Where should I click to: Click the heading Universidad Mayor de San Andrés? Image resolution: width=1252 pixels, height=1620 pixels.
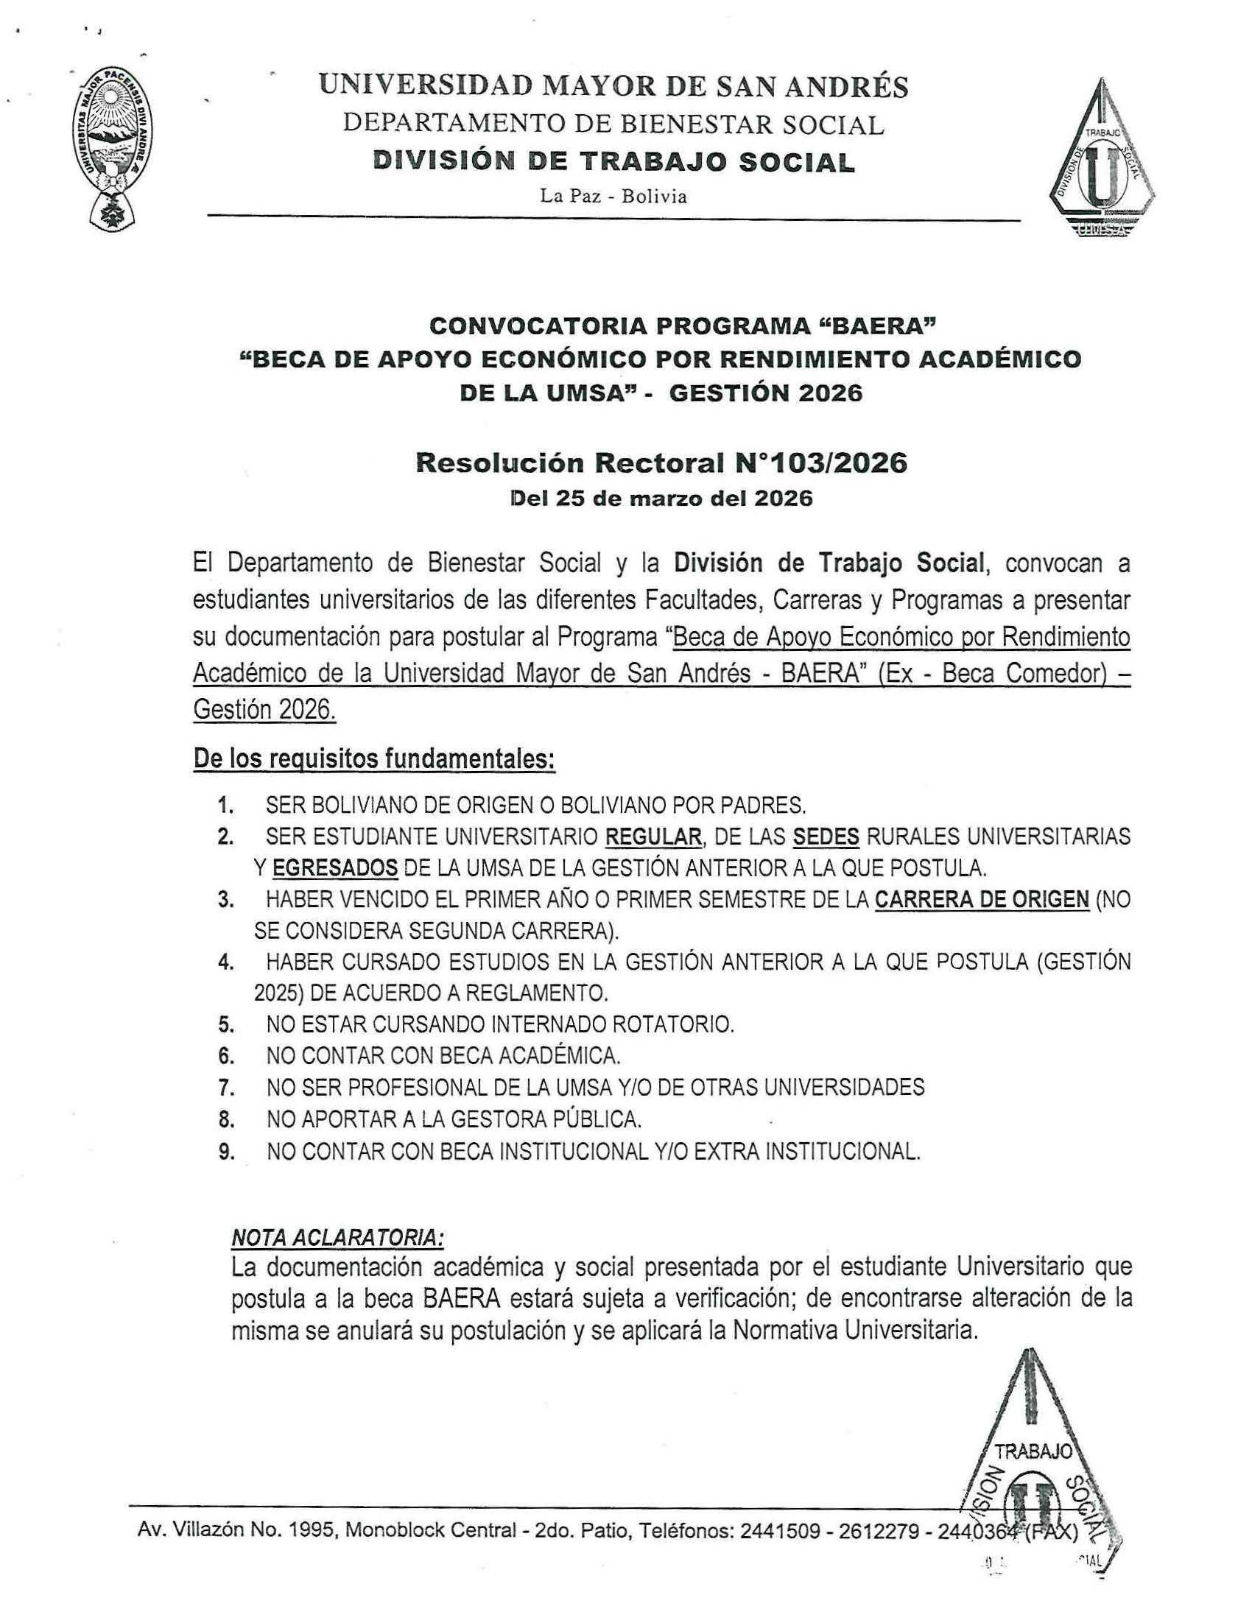click(613, 87)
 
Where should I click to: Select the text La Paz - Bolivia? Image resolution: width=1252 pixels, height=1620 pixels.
click(613, 197)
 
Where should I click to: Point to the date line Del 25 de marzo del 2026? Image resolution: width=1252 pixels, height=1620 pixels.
click(661, 499)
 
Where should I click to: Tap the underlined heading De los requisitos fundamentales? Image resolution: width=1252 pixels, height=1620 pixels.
click(374, 760)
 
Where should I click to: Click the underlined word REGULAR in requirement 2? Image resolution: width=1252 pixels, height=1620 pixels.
click(653, 837)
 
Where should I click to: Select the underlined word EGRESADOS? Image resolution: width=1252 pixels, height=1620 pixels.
click(335, 868)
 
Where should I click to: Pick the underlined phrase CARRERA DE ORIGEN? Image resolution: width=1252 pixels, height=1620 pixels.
click(981, 900)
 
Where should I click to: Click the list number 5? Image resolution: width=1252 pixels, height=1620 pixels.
click(226, 1025)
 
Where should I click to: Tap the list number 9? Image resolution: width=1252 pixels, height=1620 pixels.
click(226, 1152)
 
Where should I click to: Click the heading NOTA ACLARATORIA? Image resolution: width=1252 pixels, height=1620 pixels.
click(338, 1238)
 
